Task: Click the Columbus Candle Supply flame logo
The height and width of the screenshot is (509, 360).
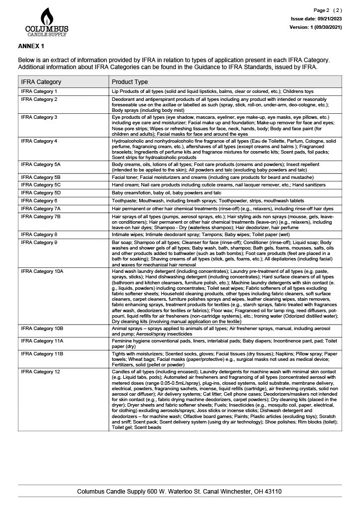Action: pos(47,21)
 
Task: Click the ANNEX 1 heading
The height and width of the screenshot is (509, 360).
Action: pos(31,46)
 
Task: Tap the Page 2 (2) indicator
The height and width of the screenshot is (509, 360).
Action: pos(328,10)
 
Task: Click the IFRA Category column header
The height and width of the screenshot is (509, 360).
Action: pos(41,82)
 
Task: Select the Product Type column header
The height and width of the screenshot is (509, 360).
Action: pos(130,82)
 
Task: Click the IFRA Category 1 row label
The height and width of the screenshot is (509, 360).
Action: pos(39,91)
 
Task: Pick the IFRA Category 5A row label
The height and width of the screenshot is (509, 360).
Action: pos(41,164)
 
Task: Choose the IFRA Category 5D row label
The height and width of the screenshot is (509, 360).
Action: pos(41,192)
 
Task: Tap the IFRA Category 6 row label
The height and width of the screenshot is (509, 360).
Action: pos(39,200)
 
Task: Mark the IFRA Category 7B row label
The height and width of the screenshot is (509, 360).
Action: pos(41,217)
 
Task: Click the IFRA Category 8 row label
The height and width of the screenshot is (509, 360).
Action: pos(39,234)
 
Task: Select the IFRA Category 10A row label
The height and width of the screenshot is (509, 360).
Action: pos(42,271)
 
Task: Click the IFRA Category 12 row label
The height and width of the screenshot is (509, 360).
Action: pos(41,371)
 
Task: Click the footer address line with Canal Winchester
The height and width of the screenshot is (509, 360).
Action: pos(180,491)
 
